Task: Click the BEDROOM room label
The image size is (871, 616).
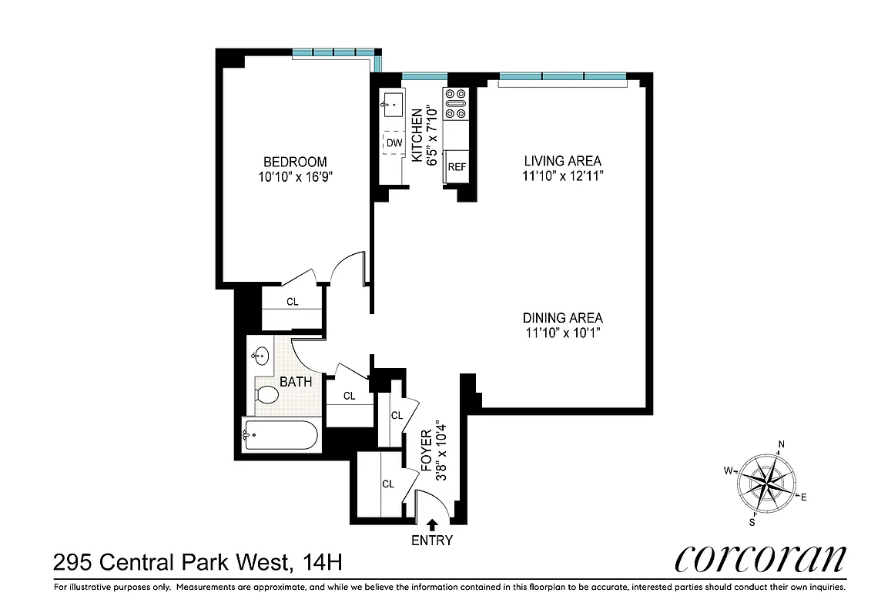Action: coord(295,162)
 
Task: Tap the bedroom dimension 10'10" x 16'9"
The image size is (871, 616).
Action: coord(295,176)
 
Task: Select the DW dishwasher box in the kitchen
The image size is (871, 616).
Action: coord(394,143)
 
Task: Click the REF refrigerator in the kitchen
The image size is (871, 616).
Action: coord(457,166)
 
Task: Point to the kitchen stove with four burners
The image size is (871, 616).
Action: coord(456,104)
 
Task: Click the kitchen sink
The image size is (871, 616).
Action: coord(394,102)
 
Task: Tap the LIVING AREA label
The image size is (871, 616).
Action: coord(562,161)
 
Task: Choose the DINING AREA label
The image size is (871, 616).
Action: coord(562,317)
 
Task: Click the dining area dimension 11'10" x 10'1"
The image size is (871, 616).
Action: coord(562,333)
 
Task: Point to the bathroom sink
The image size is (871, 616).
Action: coord(260,357)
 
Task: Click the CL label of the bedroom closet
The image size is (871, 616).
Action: coord(293,302)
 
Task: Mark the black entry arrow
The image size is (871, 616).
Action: coord(432,524)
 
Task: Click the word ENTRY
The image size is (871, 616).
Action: coord(432,540)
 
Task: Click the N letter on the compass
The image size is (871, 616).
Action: coord(781,444)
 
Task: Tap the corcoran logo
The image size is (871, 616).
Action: coord(759,559)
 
